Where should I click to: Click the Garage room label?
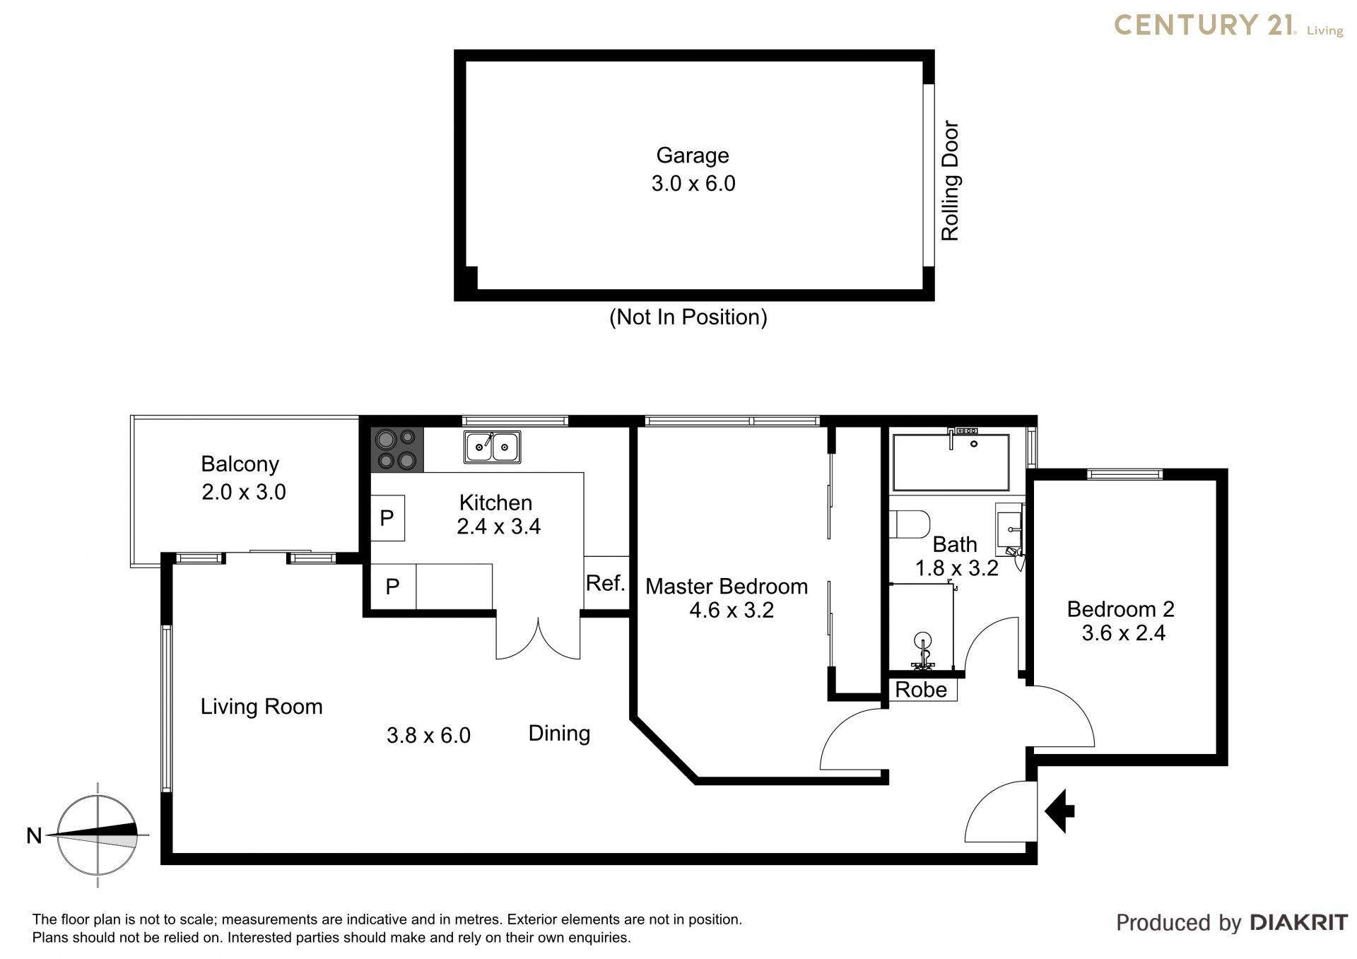[x=693, y=155]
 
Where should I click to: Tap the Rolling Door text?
[x=950, y=181]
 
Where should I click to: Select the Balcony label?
[x=240, y=464]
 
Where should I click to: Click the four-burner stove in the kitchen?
[x=397, y=450]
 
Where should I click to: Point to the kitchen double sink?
[x=493, y=447]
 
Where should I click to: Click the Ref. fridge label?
[x=606, y=583]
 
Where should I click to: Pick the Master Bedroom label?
[x=727, y=587]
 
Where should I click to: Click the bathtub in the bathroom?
[x=951, y=462]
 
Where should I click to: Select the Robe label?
[x=921, y=690]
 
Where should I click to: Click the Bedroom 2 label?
[x=1121, y=609]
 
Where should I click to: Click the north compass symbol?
[x=98, y=835]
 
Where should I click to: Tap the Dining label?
[x=559, y=734]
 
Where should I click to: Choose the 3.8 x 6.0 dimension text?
[x=428, y=736]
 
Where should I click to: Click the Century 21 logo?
[x=1229, y=25]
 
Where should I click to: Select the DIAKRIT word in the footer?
[x=1299, y=922]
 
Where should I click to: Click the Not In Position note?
[x=688, y=317]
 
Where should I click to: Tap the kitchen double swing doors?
[x=538, y=638]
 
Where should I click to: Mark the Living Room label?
[x=262, y=707]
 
